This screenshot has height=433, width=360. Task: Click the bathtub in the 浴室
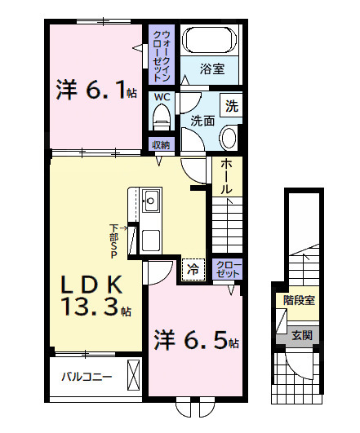pos(211,40)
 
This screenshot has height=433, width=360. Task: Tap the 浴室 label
pos(212,69)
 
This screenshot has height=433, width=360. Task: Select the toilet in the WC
pos(162,117)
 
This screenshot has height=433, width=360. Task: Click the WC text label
pos(162,97)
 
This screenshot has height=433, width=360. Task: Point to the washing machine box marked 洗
pos(231,105)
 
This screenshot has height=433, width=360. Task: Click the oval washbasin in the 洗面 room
pos(229,138)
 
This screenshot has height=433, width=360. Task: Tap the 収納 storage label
pos(161,144)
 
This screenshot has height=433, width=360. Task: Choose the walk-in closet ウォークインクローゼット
pos(162,55)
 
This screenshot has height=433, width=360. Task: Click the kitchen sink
pos(151,201)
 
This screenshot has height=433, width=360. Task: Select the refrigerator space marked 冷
pos(193,270)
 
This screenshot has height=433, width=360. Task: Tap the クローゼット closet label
pos(228,269)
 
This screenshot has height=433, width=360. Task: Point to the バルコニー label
pos(87,377)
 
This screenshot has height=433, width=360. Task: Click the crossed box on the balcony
pos(134,375)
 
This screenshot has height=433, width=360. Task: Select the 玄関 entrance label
pos(302,335)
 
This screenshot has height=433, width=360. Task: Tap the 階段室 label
pos(299,300)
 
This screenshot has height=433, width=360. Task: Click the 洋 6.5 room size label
pos(197,339)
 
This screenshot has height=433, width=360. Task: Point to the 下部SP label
pos(114,241)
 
